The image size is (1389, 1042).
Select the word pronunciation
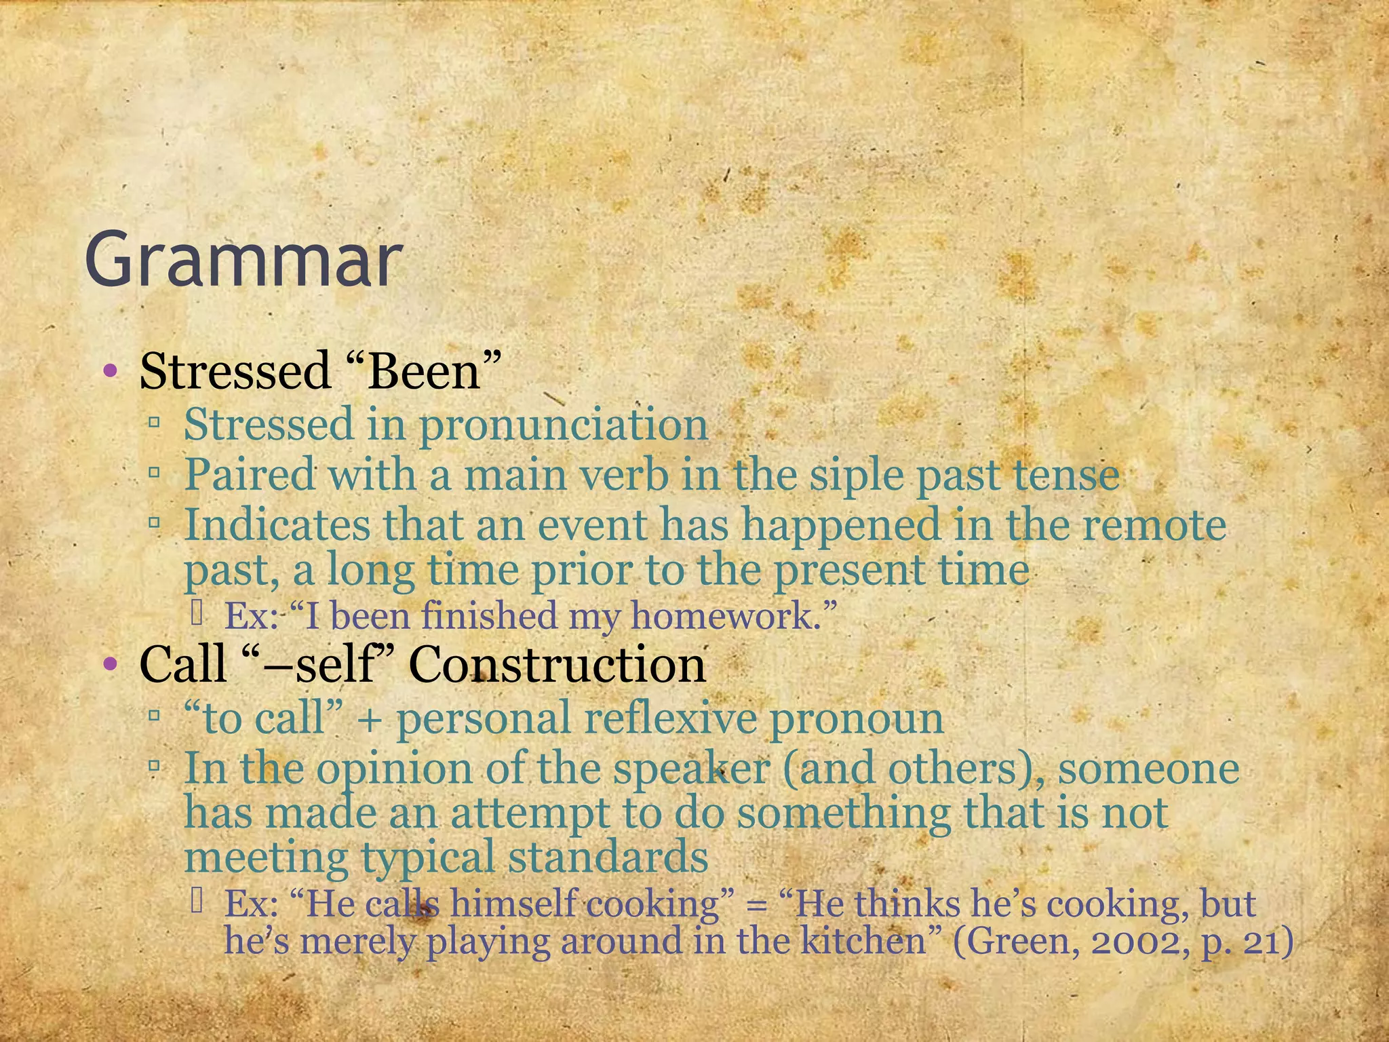pos(563,425)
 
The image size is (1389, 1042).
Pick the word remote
pos(1153,526)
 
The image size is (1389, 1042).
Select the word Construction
pos(557,664)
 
